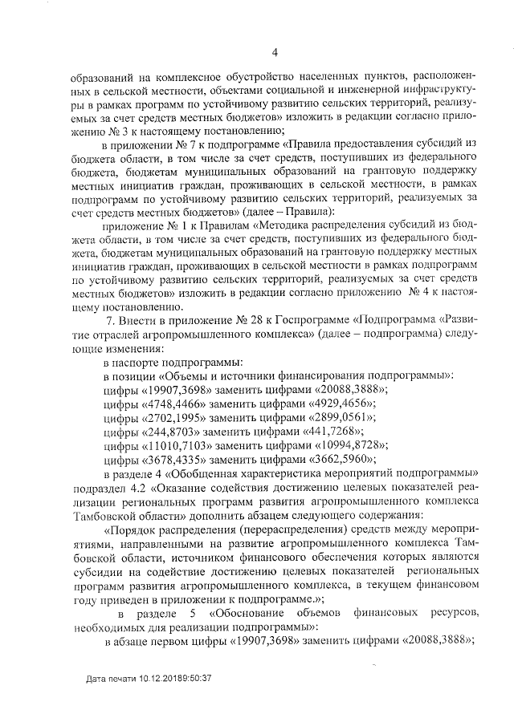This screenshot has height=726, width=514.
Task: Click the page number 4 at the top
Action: (274, 54)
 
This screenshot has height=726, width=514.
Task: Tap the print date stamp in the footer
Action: (149, 678)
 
